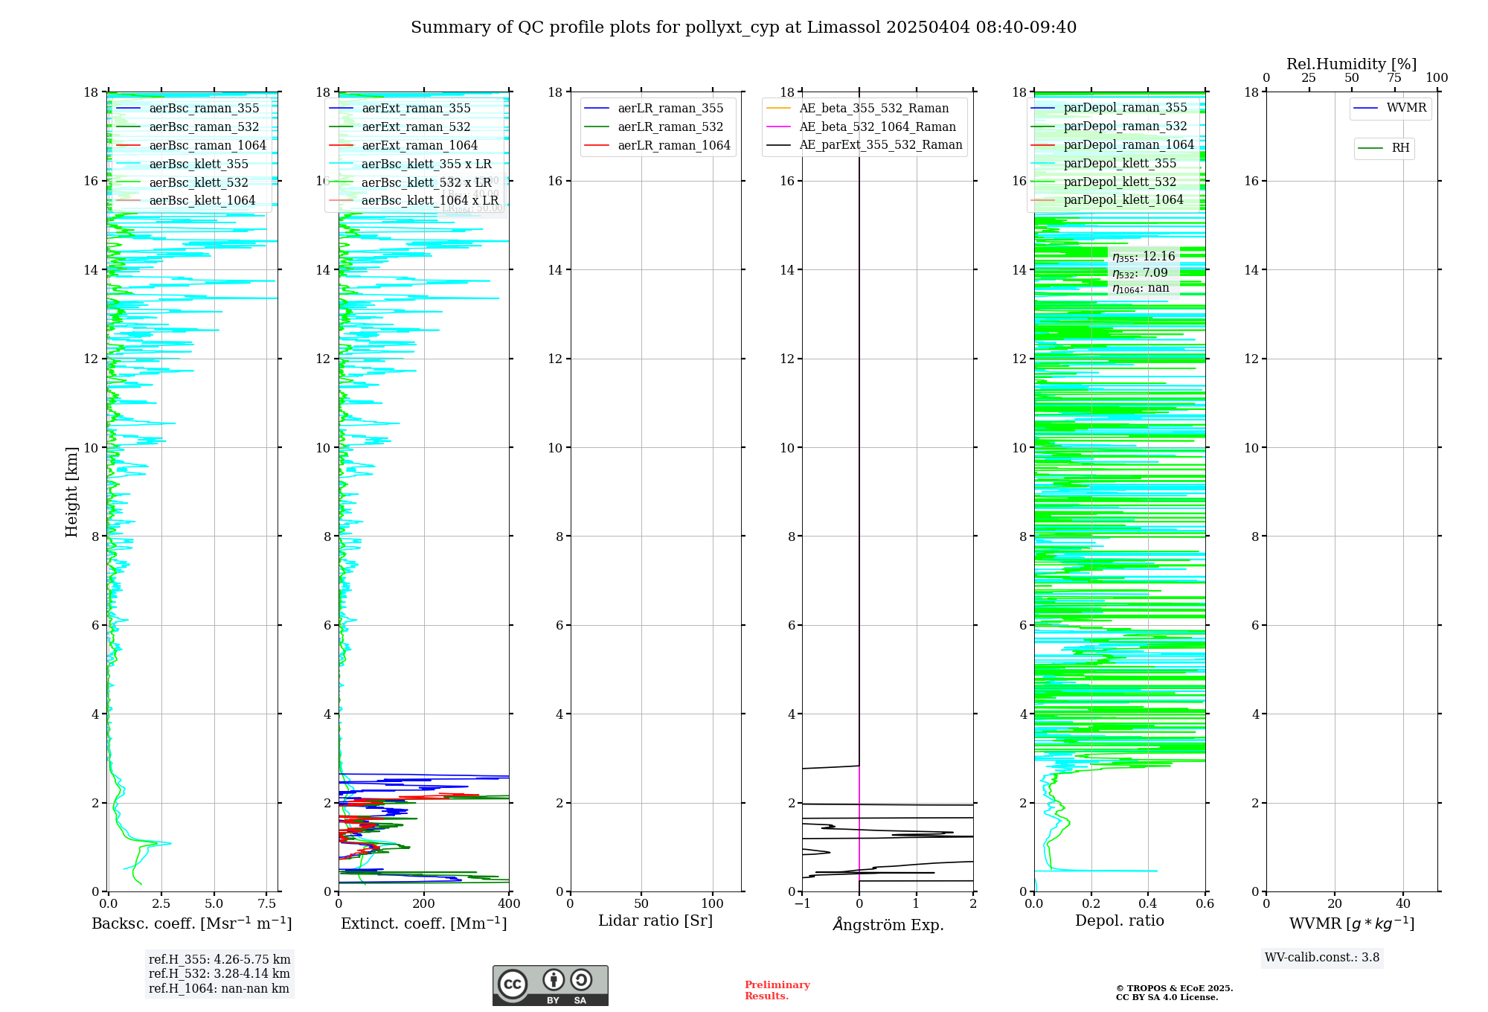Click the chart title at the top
(x=743, y=28)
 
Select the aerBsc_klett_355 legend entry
(x=199, y=164)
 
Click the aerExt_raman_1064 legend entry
(x=420, y=145)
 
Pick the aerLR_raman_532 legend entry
(x=670, y=126)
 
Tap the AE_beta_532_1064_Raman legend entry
(x=877, y=126)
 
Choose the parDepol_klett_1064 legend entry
(x=1123, y=199)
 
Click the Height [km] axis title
(x=71, y=492)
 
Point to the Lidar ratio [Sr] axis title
(x=655, y=920)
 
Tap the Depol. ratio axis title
(x=1119, y=920)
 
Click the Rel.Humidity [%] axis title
(x=1351, y=64)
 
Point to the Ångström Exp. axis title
(x=888, y=924)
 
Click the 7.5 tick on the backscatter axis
(x=266, y=904)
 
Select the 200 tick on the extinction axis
(x=424, y=904)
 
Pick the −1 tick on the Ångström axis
(x=801, y=904)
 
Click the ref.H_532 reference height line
(x=219, y=974)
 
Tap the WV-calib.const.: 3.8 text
(x=1322, y=958)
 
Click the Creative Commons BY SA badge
(x=550, y=985)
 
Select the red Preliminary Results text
(x=777, y=990)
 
